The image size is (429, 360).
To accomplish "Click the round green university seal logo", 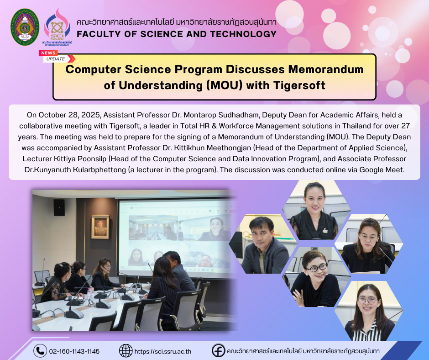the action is pyautogui.click(x=25, y=27).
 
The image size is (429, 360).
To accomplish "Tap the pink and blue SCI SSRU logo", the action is pyautogui.click(x=57, y=27).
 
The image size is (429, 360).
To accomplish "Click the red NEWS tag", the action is pyautogui.click(x=48, y=53).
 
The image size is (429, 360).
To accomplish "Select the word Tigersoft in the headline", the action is pyautogui.click(x=299, y=85).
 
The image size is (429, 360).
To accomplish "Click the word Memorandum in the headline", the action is pyautogui.click(x=326, y=69).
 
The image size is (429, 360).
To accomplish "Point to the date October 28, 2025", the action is pyautogui.click(x=69, y=115).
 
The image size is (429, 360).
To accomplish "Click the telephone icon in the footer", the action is pyautogui.click(x=40, y=351).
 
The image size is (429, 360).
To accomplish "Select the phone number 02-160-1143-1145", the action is pyautogui.click(x=74, y=351).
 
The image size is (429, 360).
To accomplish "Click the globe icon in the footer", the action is pyautogui.click(x=126, y=351).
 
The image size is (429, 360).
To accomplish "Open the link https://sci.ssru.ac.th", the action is pyautogui.click(x=163, y=351).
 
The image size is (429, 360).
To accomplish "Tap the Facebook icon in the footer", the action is pyautogui.click(x=218, y=351).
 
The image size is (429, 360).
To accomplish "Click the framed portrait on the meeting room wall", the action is pyautogui.click(x=100, y=227).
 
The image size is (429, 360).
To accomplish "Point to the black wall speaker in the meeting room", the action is pyautogui.click(x=59, y=207).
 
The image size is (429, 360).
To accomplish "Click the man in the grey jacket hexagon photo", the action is pyautogui.click(x=263, y=244).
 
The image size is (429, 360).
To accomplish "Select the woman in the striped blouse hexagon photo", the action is pyautogui.click(x=369, y=311).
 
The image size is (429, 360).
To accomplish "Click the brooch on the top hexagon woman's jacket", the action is pyautogui.click(x=325, y=230).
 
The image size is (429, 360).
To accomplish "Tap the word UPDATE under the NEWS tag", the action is pyautogui.click(x=56, y=59).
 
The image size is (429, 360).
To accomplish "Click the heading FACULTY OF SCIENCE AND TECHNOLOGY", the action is pyautogui.click(x=177, y=34).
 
